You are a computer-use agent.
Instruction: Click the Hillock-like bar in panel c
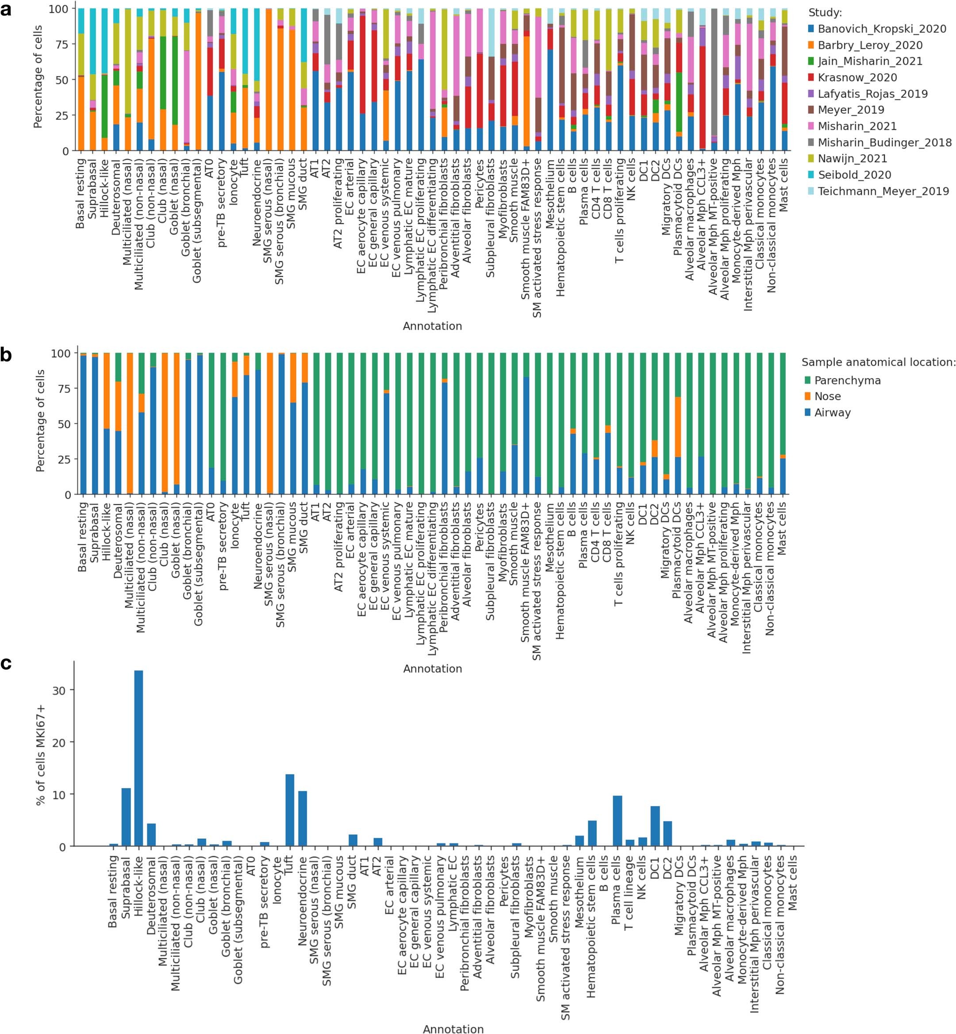138,761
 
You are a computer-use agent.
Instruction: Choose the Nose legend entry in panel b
827,396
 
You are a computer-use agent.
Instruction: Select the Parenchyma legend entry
846,380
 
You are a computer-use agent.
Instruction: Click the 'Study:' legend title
824,12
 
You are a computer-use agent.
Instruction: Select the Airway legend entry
831,412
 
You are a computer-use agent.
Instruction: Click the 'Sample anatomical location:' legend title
878,362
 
